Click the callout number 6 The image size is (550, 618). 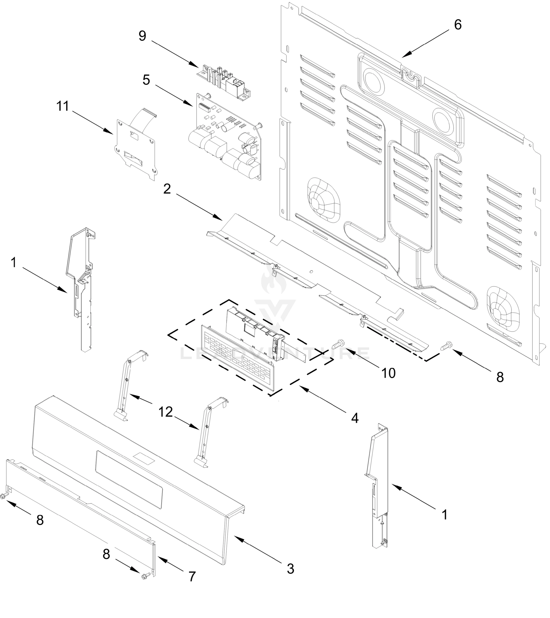(458, 25)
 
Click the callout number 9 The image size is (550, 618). (142, 36)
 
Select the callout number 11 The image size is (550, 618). (63, 106)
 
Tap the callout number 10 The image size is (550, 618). (388, 373)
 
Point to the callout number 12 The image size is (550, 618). (165, 412)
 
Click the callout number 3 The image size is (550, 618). (290, 569)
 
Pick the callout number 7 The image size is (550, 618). (192, 577)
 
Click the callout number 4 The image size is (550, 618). (355, 418)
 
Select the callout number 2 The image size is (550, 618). (167, 189)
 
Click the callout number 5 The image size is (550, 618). (146, 80)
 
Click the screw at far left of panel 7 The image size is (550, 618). (4, 495)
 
